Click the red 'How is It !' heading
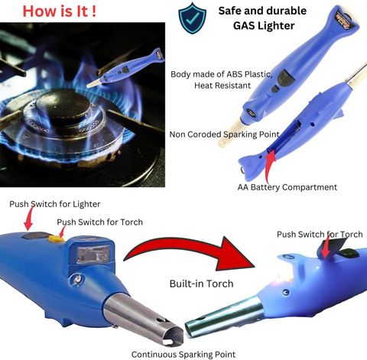[x=60, y=11]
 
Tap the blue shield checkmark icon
[x=193, y=18]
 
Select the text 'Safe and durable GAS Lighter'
[x=263, y=18]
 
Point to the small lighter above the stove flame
[x=125, y=69]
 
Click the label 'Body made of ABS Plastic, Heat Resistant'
[x=222, y=79]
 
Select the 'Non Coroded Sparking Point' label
[x=224, y=135]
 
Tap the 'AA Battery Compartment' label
[x=287, y=187]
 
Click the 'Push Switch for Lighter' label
[x=55, y=204]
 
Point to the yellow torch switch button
[x=56, y=238]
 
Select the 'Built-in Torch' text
[x=201, y=284]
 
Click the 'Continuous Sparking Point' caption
[x=183, y=355]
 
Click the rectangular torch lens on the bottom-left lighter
[x=94, y=254]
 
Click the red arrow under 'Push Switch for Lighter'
[x=28, y=218]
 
